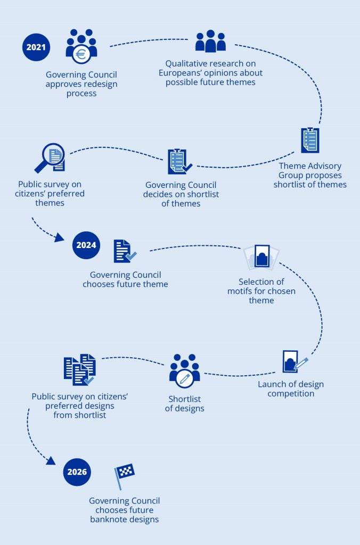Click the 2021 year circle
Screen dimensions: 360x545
click(36, 47)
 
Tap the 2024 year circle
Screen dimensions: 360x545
click(86, 245)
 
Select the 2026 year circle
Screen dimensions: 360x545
click(77, 472)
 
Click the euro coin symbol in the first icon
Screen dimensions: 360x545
click(81, 55)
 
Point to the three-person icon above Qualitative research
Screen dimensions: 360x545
click(210, 41)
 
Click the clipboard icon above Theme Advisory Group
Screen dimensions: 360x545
click(310, 140)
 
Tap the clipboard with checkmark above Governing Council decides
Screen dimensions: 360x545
click(179, 162)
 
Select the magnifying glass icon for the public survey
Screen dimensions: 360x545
click(50, 158)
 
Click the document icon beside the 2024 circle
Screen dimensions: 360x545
click(125, 251)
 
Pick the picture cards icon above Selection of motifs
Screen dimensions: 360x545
click(261, 257)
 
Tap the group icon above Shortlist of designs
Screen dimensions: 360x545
click(185, 371)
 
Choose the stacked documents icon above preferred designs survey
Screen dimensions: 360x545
click(80, 369)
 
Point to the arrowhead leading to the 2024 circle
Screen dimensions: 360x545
click(60, 237)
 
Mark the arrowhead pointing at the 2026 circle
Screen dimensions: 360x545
click(51, 460)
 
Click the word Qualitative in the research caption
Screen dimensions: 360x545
click(185, 64)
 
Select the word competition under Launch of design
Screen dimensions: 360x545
click(291, 394)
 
